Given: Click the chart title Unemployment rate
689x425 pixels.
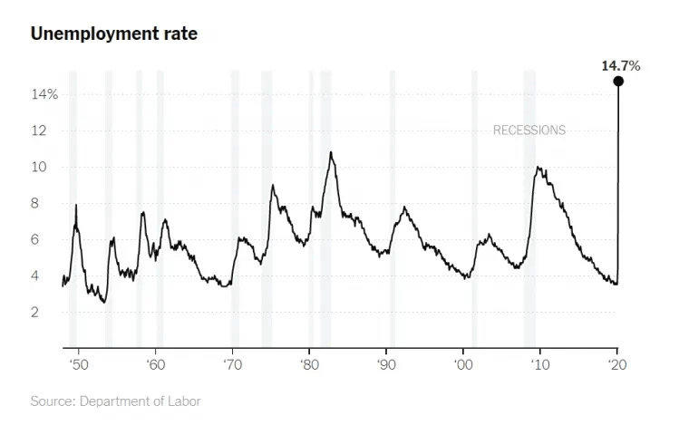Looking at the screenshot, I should coord(114,34).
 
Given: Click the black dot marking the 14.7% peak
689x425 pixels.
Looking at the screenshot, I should coord(617,81).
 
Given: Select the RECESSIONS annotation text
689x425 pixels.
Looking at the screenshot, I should coord(529,130).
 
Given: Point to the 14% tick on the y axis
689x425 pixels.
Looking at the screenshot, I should coord(46,94).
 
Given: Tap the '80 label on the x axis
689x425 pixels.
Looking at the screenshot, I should coord(309,362).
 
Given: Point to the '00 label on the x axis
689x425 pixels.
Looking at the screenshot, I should coord(463,362).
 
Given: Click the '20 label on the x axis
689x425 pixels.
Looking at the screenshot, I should coord(617,362).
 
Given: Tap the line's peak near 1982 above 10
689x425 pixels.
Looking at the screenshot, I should coord(331,152).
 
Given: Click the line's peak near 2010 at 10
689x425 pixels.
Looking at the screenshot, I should coord(539,167).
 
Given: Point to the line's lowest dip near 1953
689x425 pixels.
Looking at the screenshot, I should coord(104,302).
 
